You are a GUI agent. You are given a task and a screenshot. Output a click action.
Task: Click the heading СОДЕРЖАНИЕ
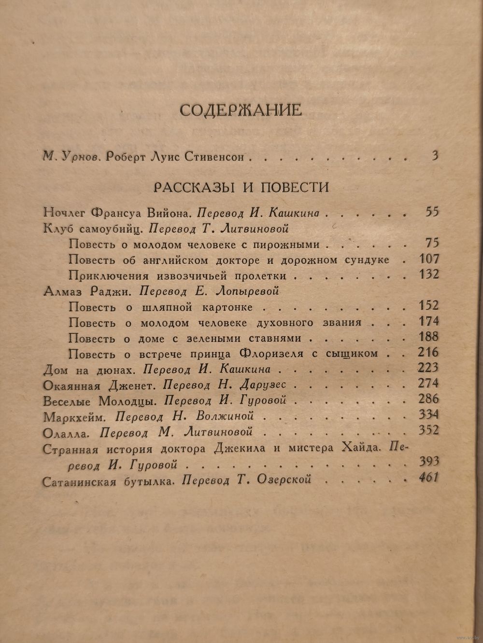tap(241, 110)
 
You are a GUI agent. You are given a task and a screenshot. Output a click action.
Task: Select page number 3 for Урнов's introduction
tap(435, 156)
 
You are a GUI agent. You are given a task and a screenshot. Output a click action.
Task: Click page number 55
tap(429, 211)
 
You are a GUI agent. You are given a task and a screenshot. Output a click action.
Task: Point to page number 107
tap(426, 259)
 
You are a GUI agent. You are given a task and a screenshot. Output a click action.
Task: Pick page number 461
tap(426, 479)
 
